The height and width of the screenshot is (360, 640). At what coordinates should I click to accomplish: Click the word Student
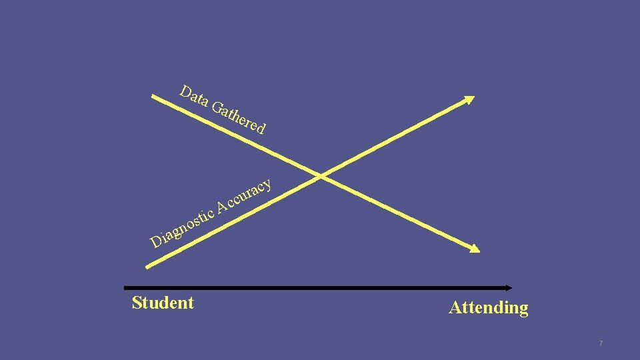tap(163, 303)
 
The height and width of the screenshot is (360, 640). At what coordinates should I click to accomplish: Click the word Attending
tap(489, 307)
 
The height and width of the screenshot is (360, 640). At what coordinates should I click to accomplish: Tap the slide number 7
tap(601, 343)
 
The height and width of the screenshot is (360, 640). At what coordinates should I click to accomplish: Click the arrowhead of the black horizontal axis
tap(509, 288)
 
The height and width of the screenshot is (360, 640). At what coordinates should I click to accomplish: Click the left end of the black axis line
tap(125, 288)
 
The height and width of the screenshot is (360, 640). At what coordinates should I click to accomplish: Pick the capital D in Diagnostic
tap(157, 241)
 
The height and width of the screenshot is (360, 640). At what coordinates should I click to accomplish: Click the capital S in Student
tap(137, 303)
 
